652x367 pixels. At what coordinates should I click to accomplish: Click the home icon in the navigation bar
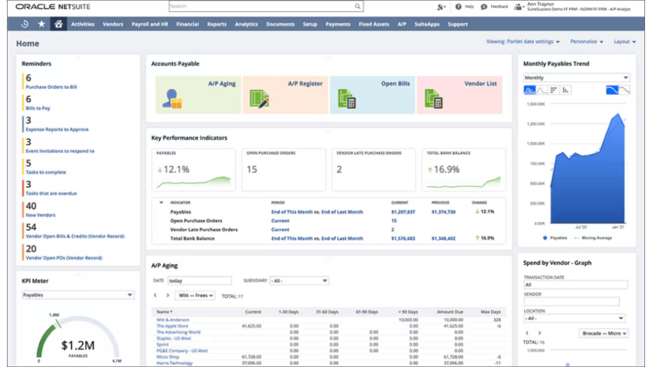tap(58, 24)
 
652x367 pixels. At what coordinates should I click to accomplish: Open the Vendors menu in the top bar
tap(113, 24)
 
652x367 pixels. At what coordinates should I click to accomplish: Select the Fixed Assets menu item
tap(374, 24)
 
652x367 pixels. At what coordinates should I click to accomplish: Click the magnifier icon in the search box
tap(358, 6)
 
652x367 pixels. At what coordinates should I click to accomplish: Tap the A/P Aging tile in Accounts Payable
tap(198, 94)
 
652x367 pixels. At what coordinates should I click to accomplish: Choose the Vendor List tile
tap(459, 94)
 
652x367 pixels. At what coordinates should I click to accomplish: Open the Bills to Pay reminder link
tap(38, 108)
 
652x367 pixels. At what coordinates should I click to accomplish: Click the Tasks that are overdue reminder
tap(51, 193)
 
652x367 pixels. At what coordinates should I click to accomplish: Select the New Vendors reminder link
tap(40, 215)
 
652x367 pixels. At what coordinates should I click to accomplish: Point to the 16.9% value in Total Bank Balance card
tap(446, 169)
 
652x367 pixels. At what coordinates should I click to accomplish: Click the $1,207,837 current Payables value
tap(403, 212)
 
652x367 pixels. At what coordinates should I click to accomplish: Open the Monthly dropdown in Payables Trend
tap(576, 78)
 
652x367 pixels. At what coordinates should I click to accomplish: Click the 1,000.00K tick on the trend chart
tap(536, 144)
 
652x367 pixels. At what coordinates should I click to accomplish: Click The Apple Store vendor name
tap(172, 326)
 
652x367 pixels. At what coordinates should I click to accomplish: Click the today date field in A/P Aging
tap(199, 281)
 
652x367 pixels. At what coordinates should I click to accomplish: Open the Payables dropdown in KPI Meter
tap(77, 295)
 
